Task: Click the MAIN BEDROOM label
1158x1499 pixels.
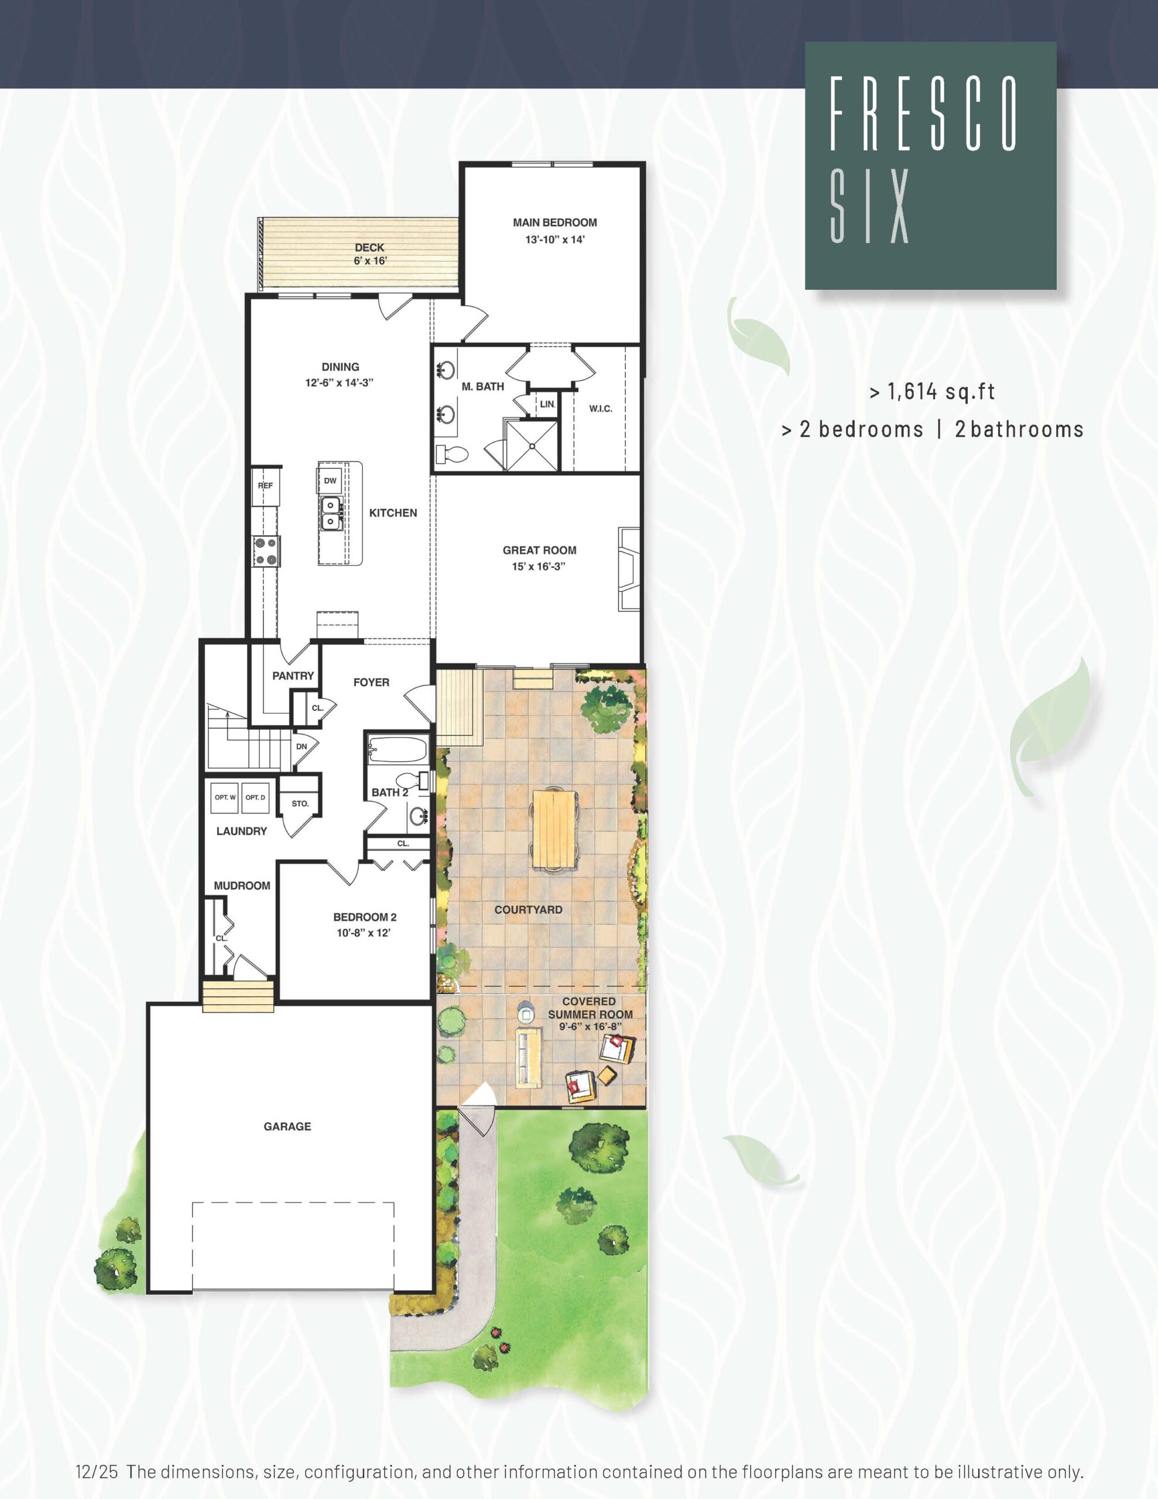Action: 554,223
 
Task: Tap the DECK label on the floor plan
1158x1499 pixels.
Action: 369,248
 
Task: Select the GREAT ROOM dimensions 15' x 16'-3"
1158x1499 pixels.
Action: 539,567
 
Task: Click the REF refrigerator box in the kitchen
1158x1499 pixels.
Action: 266,486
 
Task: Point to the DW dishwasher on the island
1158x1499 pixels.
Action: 330,481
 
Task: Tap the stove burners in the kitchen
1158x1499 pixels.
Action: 266,551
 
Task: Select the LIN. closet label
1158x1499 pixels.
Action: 547,404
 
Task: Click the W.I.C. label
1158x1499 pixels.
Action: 601,409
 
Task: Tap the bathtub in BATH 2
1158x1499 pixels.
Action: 398,748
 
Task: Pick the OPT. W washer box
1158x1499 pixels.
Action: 225,798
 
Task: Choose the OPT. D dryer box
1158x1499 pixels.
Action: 255,798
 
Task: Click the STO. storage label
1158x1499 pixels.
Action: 300,804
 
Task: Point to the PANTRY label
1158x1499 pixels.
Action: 293,676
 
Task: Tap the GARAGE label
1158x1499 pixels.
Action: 287,1127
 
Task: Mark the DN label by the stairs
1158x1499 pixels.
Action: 302,747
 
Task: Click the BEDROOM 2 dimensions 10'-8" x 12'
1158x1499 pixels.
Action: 364,933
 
